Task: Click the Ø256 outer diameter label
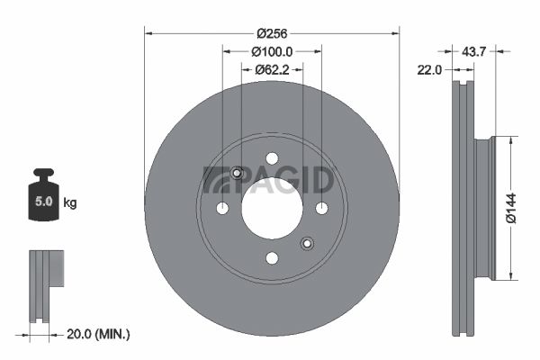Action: pos(272,34)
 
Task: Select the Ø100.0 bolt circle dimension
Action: pos(272,52)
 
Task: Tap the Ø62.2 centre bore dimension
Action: pos(272,70)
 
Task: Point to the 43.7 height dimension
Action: pos(473,52)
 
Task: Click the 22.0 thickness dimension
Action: pos(429,70)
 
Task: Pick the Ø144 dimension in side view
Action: pos(511,208)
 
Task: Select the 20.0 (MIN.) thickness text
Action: pos(98,334)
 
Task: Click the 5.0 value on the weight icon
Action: pos(44,202)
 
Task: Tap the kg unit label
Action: pos(70,202)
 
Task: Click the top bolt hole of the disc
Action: pos(272,158)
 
